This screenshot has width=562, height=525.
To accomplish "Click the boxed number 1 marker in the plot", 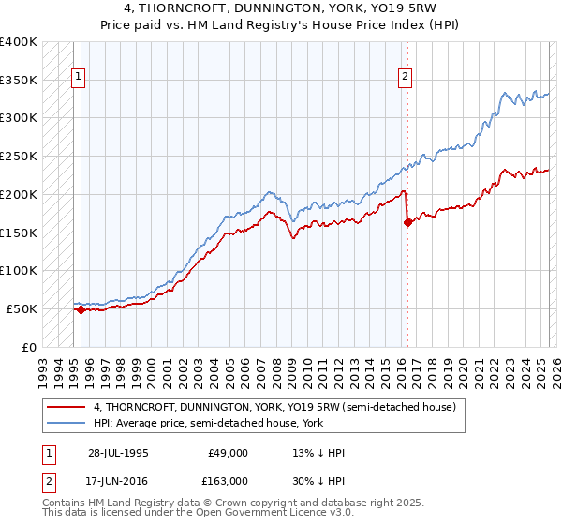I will coord(79,78).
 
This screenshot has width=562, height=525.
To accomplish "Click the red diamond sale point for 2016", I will coord(407,222).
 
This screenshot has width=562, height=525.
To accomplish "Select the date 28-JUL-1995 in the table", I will coord(118,452).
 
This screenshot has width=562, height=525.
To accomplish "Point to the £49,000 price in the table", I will coord(229,452).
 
